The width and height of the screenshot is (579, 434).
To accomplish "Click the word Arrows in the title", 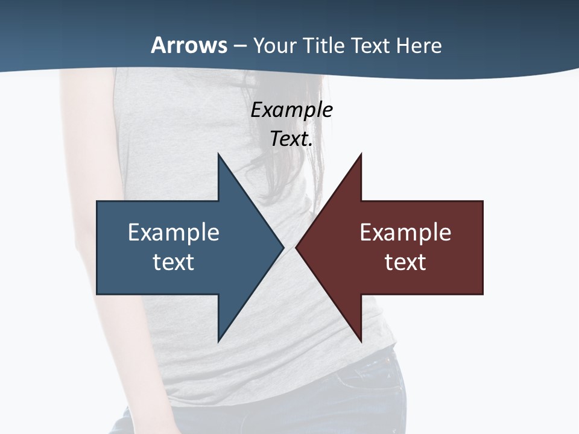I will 189,46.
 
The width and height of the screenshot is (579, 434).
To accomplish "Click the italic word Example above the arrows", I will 291,110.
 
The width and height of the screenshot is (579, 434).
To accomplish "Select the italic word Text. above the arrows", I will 291,139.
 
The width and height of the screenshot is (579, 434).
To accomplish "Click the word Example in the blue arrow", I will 174,233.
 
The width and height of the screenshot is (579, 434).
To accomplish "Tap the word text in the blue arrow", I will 174,262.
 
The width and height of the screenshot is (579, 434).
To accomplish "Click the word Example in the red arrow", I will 405,233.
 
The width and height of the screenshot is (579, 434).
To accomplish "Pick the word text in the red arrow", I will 405,262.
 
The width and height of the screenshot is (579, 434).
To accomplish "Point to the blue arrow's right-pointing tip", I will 283,248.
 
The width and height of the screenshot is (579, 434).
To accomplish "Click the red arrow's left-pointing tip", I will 296,248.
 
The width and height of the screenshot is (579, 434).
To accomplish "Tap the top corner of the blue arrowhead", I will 218,154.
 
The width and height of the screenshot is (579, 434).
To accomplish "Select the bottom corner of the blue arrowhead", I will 218,341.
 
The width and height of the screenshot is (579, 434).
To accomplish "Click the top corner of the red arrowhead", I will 361,154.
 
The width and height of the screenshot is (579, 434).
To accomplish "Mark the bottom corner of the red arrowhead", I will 361,341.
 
